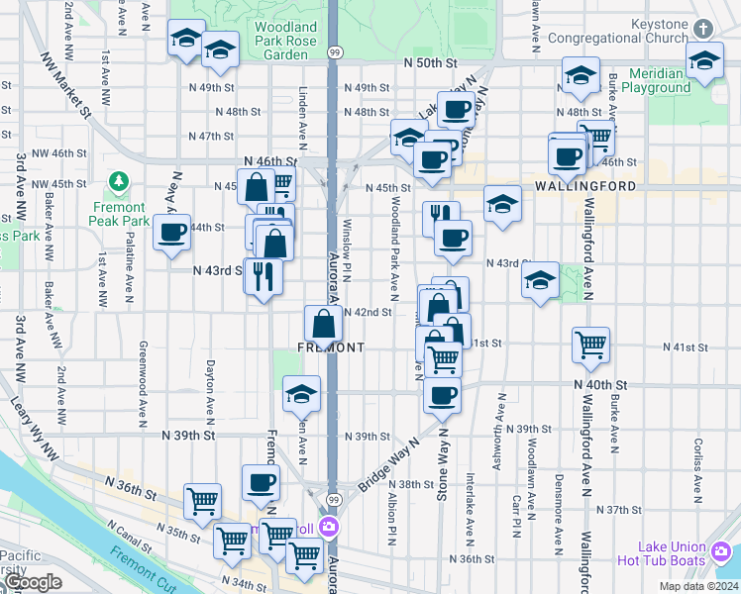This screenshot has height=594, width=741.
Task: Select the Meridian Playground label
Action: click(649, 80)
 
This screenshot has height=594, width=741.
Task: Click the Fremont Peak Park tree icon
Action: click(119, 181)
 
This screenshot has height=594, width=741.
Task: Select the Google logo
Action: click(32, 583)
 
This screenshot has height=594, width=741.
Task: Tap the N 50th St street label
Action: click(429, 62)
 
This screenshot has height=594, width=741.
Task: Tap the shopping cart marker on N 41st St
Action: click(590, 346)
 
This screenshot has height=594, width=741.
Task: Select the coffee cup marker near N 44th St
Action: click(172, 234)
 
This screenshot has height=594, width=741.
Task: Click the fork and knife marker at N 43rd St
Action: click(264, 274)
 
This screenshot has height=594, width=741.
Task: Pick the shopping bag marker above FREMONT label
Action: click(324, 323)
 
